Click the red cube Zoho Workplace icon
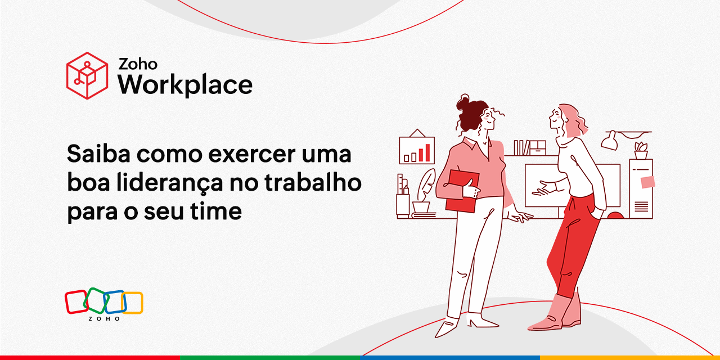pos(87,75)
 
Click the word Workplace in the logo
pos(184,85)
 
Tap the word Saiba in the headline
pos(99,154)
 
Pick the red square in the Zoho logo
pos(76,301)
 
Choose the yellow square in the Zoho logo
pos(133,303)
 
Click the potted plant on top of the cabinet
pos(641,151)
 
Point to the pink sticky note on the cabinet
pos(647,182)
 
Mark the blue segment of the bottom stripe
pos(450,357)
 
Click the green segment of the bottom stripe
pos(270,357)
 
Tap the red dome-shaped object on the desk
pos(615,215)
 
